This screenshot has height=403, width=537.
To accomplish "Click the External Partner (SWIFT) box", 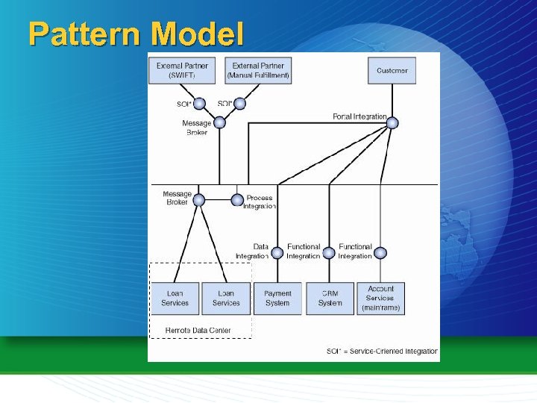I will pos(182,71).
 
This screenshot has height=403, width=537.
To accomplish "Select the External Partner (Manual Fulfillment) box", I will pos(258,71).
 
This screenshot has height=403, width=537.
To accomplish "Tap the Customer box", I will pos(392,71).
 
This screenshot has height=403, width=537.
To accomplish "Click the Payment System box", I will pos(277,299).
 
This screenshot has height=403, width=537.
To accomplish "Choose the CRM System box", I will pos(330,299).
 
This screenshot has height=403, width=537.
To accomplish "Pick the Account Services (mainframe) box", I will pos(380,299).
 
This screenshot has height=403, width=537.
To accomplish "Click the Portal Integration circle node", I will pos(392,122).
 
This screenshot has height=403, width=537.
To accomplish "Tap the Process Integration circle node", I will pos(237,200).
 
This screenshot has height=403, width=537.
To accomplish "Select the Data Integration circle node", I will pos(277,252).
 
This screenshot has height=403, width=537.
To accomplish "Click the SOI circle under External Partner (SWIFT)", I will pos(199,104).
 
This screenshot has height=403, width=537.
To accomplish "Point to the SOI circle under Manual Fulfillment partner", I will pos(239,104).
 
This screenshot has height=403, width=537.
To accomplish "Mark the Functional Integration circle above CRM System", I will pos(329,252).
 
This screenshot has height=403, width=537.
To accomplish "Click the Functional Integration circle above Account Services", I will pos(380,252).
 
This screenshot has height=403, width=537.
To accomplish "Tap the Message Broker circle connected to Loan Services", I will pos(198,200).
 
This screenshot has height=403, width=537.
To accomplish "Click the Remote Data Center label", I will pos(198,330).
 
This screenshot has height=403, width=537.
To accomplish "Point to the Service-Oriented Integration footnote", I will pos(382,351).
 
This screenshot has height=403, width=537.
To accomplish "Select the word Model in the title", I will pos(197,34).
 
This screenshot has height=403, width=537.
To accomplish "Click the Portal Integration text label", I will pos(359,117).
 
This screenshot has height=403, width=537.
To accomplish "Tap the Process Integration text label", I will pos(259,202).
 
